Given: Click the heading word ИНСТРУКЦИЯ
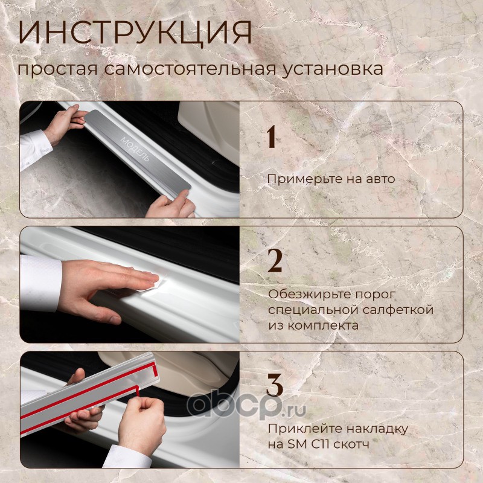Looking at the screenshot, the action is tap(135, 33).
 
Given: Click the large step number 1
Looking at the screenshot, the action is tap(271, 137).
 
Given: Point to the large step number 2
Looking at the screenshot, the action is tap(275, 261).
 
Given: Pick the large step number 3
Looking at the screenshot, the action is tap(275, 385).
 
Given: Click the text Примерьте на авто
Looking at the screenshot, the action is tap(331, 179).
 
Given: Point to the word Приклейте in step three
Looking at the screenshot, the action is tap(304, 429).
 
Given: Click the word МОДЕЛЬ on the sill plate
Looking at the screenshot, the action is tap(135, 149).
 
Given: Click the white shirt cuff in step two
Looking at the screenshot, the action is tap(40, 283).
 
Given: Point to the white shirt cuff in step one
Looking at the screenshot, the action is tap(35, 149).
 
